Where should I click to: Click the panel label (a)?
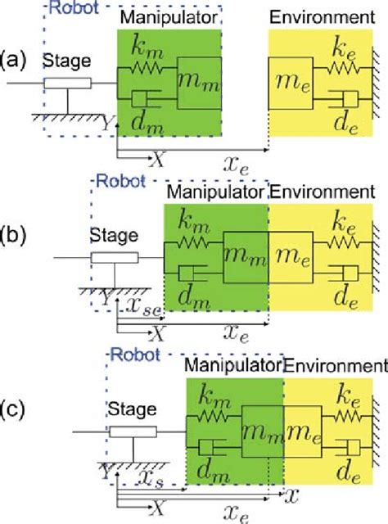click(14, 60)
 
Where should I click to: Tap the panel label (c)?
click(14, 408)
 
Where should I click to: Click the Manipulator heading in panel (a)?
click(168, 18)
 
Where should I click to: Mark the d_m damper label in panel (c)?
click(208, 468)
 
